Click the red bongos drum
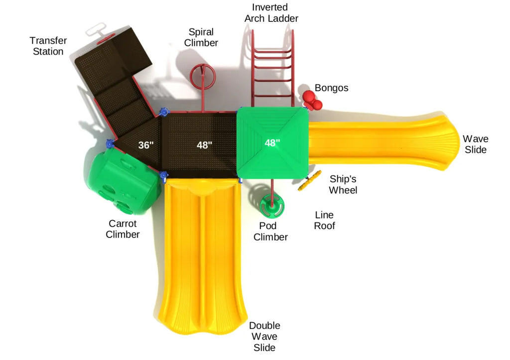click(312, 100)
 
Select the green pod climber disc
click(272, 205)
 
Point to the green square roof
click(272, 143)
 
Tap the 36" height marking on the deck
click(145, 146)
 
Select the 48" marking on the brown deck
click(204, 145)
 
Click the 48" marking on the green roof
click(272, 143)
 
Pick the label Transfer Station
click(48, 46)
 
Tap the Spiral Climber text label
click(201, 37)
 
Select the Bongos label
click(331, 88)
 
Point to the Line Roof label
click(324, 221)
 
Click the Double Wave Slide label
click(264, 336)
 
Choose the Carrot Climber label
click(123, 229)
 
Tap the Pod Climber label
click(270, 232)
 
